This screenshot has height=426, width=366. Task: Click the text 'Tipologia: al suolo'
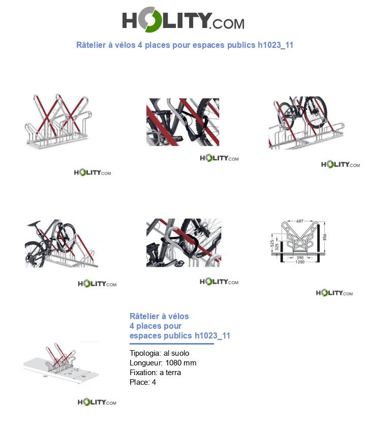point(159,353)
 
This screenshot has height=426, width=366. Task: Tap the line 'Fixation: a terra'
point(155,373)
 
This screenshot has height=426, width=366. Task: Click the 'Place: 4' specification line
point(143,382)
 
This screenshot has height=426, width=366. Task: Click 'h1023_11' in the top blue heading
point(276,45)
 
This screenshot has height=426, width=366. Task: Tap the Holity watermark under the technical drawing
point(334,293)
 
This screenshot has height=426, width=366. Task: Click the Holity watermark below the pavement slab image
point(97,403)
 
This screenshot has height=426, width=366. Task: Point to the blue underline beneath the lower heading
point(171,344)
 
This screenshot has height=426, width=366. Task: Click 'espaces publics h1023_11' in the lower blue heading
point(180,335)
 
